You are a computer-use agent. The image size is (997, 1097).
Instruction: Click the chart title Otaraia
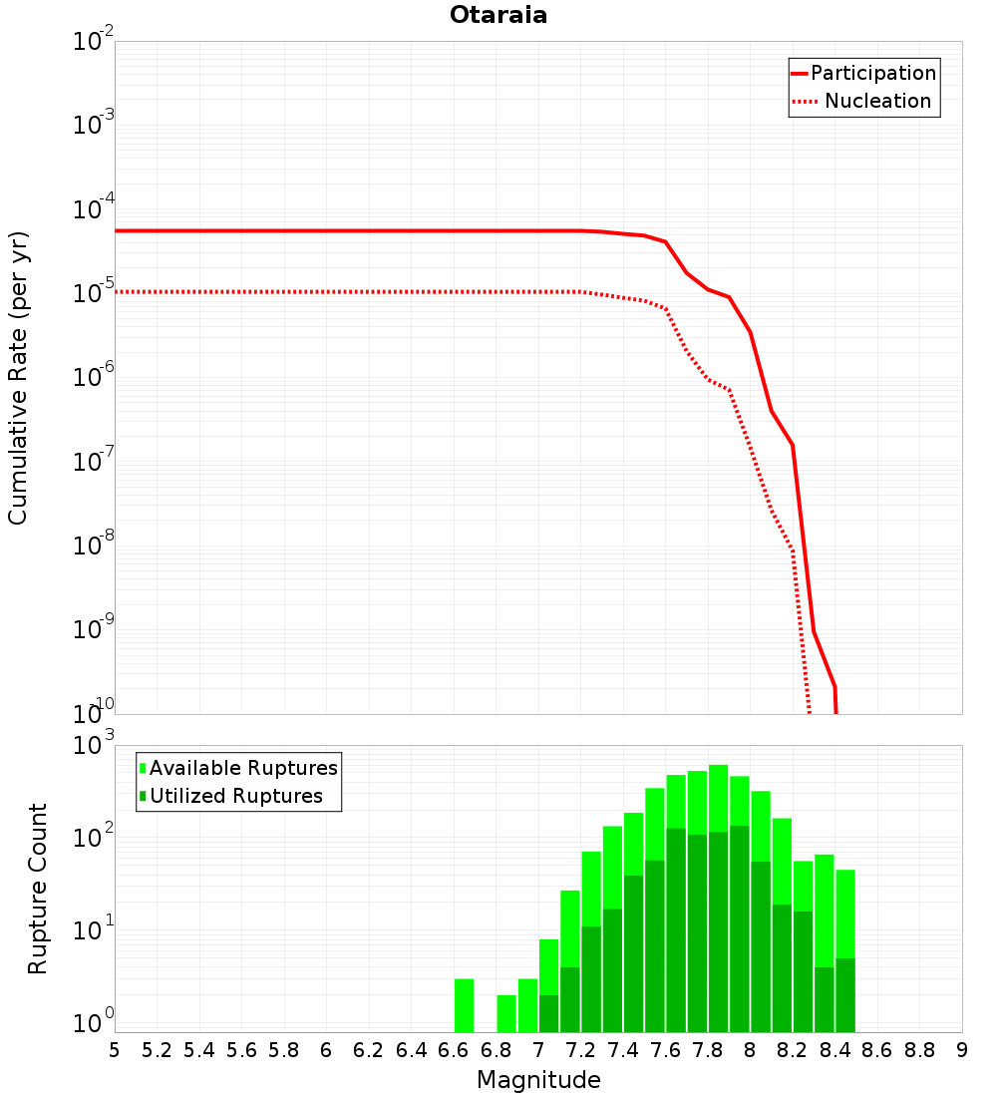pos(498,15)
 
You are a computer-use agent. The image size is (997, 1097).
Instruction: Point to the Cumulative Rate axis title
pos(18,378)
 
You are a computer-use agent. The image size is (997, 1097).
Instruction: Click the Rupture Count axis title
pos(38,889)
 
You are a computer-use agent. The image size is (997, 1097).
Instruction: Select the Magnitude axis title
pos(538,1080)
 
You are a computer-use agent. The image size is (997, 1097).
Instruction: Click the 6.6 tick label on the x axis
pos(454,1050)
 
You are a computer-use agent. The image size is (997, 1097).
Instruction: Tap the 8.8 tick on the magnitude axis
pos(919,1050)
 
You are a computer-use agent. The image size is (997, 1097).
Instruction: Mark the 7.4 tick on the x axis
pos(623,1050)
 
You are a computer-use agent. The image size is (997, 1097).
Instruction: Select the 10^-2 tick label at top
pos(94,42)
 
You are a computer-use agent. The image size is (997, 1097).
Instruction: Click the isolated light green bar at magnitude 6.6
pos(464,1005)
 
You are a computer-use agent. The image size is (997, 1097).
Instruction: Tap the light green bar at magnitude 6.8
pos(506,1013)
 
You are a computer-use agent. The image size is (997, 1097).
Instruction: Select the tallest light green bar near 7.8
pos(718,798)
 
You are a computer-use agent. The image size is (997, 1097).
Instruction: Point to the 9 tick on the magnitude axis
pos(962,1050)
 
